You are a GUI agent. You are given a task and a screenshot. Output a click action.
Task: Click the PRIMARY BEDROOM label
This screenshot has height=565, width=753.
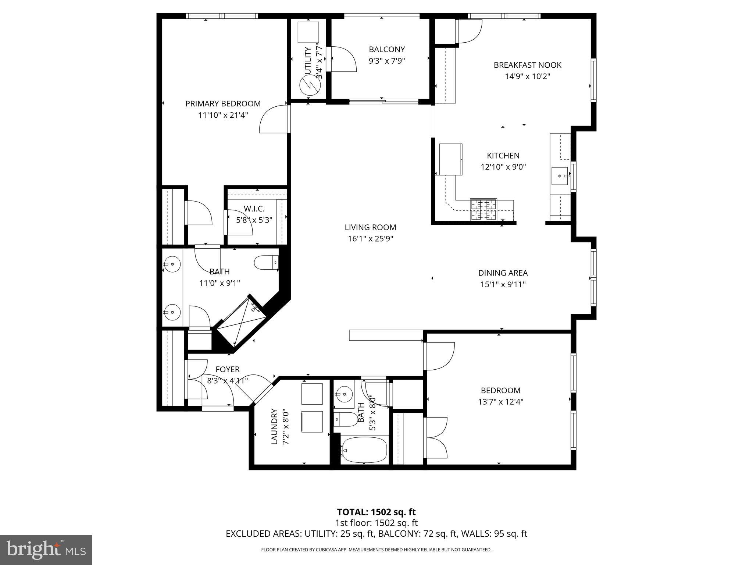223,104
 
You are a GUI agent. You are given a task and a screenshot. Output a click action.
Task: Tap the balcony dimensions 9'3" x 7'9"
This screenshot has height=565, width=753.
387,61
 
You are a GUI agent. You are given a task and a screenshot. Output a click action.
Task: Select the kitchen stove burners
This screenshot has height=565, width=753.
483,210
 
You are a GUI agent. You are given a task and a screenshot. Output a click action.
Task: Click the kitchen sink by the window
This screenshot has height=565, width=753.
560,176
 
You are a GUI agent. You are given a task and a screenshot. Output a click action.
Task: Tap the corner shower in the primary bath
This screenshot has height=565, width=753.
241,322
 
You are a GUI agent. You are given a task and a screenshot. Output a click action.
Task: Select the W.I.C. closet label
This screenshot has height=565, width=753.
254,209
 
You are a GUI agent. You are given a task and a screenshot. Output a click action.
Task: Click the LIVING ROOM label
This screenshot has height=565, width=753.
370,227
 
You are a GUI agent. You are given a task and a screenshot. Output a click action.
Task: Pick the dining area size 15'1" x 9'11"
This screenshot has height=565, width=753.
503,284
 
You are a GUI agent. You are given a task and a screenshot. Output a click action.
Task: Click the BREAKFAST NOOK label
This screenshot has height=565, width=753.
527,65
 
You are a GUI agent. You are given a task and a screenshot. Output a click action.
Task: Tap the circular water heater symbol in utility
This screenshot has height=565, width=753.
308,86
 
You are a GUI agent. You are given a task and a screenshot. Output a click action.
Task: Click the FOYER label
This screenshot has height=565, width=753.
228,369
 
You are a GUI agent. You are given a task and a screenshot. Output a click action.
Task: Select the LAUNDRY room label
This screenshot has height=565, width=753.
274,426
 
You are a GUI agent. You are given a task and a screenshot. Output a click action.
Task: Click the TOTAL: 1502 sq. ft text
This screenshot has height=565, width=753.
376,512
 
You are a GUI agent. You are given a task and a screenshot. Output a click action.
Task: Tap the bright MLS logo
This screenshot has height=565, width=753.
46,550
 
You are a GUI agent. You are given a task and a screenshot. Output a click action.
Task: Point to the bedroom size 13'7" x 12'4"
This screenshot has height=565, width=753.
500,402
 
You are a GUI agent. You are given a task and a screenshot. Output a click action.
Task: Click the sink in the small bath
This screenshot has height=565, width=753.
344,394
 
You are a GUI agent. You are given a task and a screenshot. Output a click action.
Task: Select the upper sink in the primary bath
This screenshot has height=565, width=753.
172,264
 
